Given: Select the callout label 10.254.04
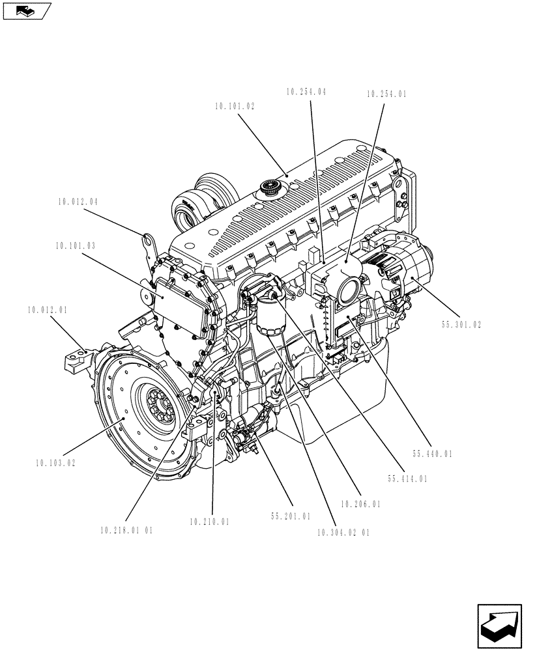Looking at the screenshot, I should point(306,92).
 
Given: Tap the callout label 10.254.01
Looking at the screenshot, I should point(386,94).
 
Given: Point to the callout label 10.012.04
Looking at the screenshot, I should point(77,202).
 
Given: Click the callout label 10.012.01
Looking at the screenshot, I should point(48,310).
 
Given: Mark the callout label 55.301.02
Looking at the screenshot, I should point(460,325).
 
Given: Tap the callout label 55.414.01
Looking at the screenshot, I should point(407,478).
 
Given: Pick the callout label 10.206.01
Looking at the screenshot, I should point(360,503).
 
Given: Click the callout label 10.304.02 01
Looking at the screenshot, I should point(343,532).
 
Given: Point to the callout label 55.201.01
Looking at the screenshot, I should point(291,516).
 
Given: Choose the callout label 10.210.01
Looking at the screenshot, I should point(209,521).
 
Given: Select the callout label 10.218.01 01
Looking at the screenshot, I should point(126,531).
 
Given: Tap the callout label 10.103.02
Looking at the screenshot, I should point(56,463).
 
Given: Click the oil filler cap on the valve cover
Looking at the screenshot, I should point(270,189).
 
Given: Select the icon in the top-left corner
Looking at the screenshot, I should point(26,11).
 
